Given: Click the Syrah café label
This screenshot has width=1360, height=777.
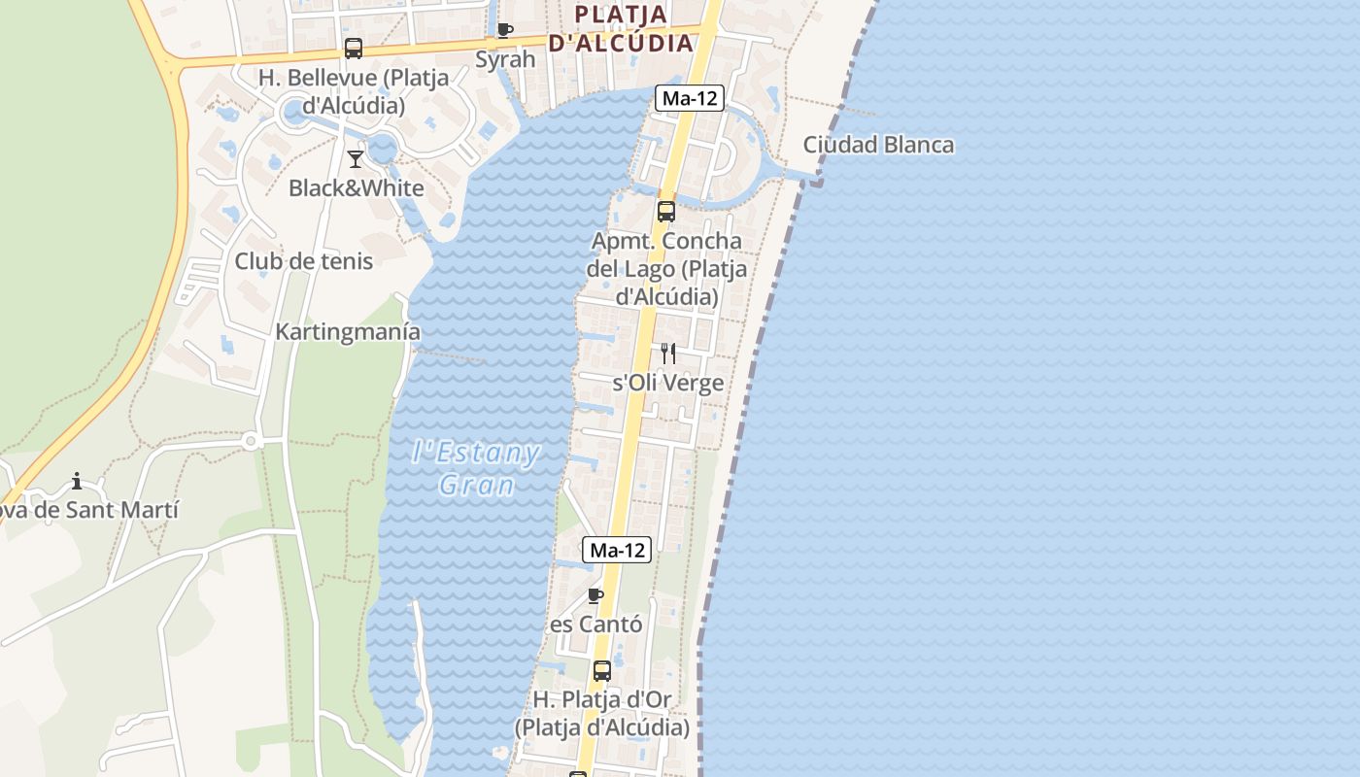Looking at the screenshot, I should [x=505, y=59].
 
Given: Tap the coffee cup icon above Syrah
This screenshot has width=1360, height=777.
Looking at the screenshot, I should [x=504, y=30].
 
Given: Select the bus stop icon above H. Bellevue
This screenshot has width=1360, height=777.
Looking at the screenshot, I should [x=354, y=49].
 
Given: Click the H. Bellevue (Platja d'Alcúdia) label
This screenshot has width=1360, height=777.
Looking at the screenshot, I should [x=354, y=91].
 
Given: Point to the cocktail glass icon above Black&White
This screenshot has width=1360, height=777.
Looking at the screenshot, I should [x=356, y=158].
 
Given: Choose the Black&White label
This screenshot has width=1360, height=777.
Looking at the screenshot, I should [x=357, y=188].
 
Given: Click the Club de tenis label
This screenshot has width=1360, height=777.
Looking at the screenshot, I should [x=303, y=261].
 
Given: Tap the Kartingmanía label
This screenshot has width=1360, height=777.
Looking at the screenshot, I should [x=348, y=332].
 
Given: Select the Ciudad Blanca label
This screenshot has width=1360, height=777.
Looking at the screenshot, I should [x=878, y=146].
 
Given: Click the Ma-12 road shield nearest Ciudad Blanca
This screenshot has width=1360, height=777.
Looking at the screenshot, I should [x=690, y=98].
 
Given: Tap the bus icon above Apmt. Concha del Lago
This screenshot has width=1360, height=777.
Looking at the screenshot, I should [x=666, y=212].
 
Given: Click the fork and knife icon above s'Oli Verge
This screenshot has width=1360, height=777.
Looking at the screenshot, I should [x=668, y=353].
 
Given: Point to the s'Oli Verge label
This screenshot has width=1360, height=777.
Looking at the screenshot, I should [x=668, y=383].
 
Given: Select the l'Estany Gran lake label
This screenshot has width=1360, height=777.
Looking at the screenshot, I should [x=476, y=468].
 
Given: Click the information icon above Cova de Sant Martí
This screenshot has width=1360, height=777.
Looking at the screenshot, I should [x=77, y=481].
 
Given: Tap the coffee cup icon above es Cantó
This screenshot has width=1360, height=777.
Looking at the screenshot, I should [x=595, y=595].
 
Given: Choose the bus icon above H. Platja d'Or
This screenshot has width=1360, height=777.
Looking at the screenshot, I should [x=602, y=671].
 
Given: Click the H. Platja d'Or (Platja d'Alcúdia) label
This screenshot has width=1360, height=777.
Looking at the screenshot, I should [x=602, y=713].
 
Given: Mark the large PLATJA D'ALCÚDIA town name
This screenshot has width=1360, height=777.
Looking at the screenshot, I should [x=622, y=28].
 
